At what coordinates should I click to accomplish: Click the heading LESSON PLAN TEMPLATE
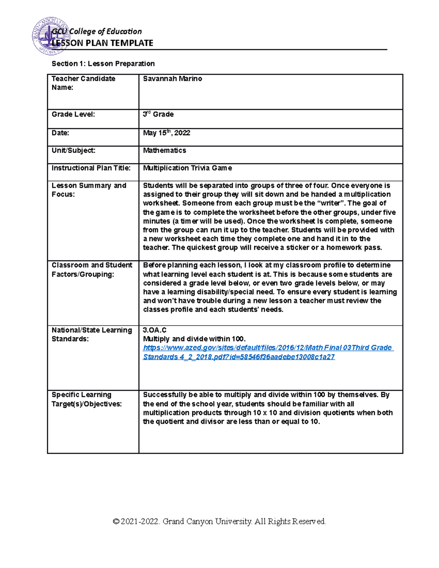102,43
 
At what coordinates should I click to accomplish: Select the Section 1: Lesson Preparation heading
103,64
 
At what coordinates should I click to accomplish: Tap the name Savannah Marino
172,79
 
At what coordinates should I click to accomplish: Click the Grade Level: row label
73,114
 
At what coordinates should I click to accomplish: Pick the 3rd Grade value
158,114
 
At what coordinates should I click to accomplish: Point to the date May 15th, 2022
166,133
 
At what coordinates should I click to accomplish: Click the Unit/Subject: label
74,150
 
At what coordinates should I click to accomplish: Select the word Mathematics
164,150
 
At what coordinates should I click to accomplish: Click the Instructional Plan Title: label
91,168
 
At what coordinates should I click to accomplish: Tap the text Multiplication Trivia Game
187,168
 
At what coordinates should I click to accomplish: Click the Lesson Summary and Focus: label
89,190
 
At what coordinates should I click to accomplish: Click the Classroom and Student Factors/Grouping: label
92,270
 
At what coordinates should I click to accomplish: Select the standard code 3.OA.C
154,330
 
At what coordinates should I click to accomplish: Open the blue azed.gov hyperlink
267,348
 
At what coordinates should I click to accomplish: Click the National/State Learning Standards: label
91,334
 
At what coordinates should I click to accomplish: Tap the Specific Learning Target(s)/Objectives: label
87,399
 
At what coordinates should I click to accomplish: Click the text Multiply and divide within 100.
194,339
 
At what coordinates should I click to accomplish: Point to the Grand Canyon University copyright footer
219,521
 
